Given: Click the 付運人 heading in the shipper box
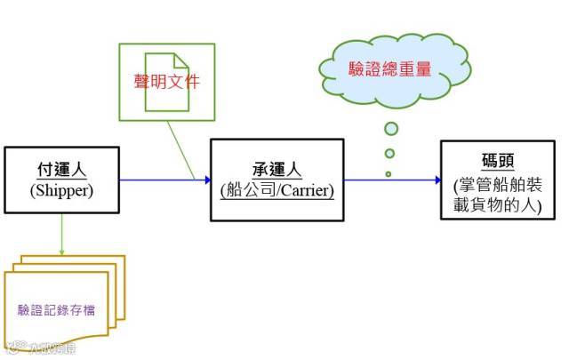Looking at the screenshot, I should [x=61, y=169].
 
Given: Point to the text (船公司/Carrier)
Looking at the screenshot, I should [x=276, y=189].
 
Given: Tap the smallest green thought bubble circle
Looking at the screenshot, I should [x=389, y=173].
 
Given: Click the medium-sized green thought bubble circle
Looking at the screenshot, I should [x=389, y=153].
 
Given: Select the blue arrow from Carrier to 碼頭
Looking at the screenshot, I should [x=392, y=180].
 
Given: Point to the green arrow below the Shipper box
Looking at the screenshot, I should [x=62, y=236].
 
